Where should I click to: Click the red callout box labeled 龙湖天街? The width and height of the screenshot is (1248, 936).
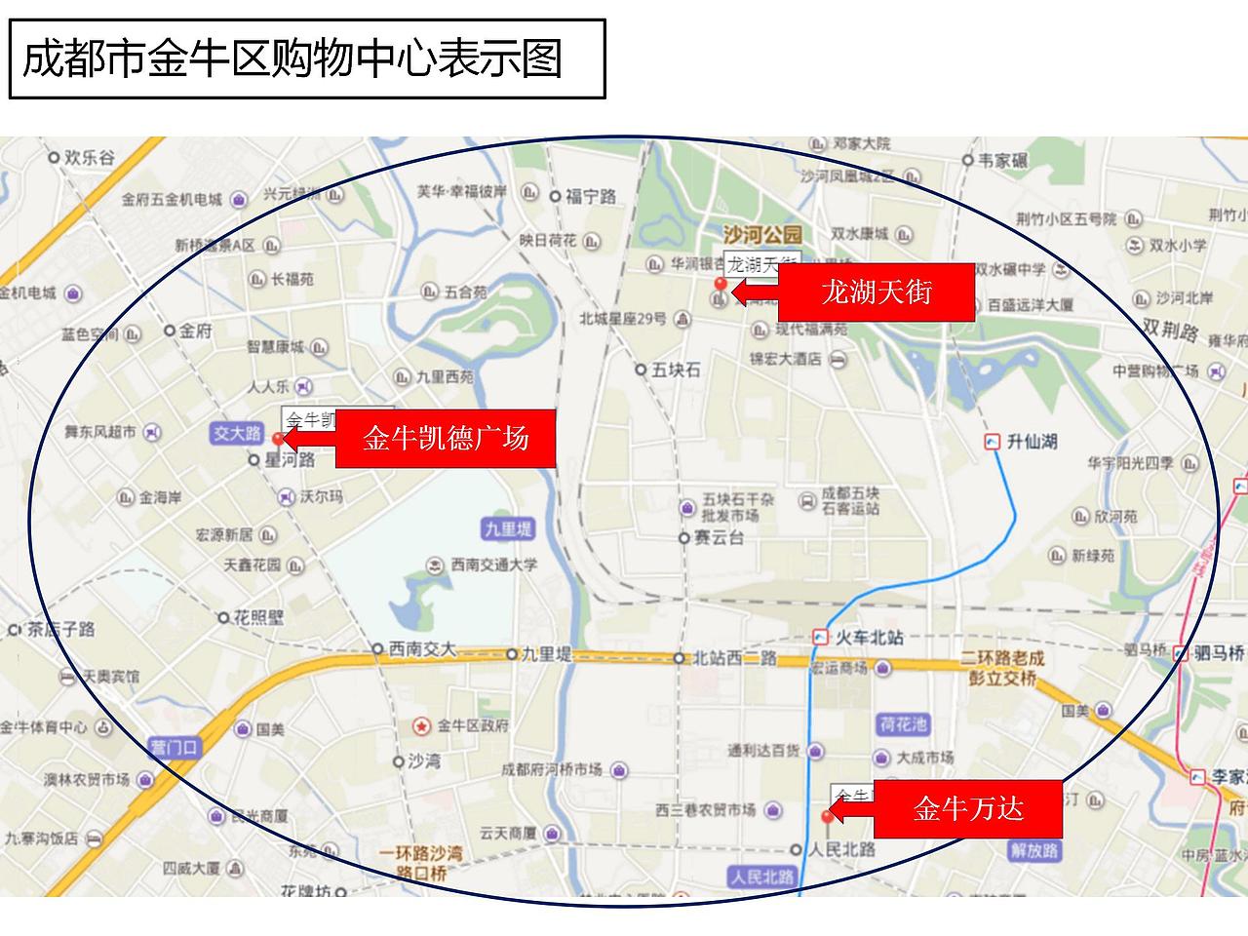[x=876, y=292]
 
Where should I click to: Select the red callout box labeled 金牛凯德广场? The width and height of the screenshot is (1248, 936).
[x=446, y=438]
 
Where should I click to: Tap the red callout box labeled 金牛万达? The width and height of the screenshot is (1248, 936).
[x=967, y=808]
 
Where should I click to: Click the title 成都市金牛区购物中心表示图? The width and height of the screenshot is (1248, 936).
[x=292, y=58]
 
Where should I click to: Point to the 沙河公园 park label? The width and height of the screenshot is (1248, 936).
[x=762, y=235]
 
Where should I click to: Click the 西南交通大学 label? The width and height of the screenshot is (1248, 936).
[x=493, y=565]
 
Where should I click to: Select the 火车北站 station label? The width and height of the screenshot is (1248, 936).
[x=870, y=638]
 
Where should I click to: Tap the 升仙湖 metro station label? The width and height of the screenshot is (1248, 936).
[x=1032, y=442]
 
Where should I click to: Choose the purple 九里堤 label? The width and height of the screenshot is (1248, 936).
[x=508, y=529]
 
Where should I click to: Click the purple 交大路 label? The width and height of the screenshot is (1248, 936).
[x=238, y=433]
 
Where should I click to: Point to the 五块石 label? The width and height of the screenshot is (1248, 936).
[x=676, y=370]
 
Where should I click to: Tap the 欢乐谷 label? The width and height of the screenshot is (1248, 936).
[x=89, y=157]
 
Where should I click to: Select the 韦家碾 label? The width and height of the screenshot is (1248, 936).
[x=1003, y=160]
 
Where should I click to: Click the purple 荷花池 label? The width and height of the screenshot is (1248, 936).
[x=903, y=724]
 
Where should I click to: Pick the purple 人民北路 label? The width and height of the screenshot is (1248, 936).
[x=762, y=877]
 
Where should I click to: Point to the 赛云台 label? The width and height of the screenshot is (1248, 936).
[x=719, y=538]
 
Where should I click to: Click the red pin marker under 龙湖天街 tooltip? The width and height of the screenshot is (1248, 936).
[x=721, y=285]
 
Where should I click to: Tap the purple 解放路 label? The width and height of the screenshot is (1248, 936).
[x=1033, y=850]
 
